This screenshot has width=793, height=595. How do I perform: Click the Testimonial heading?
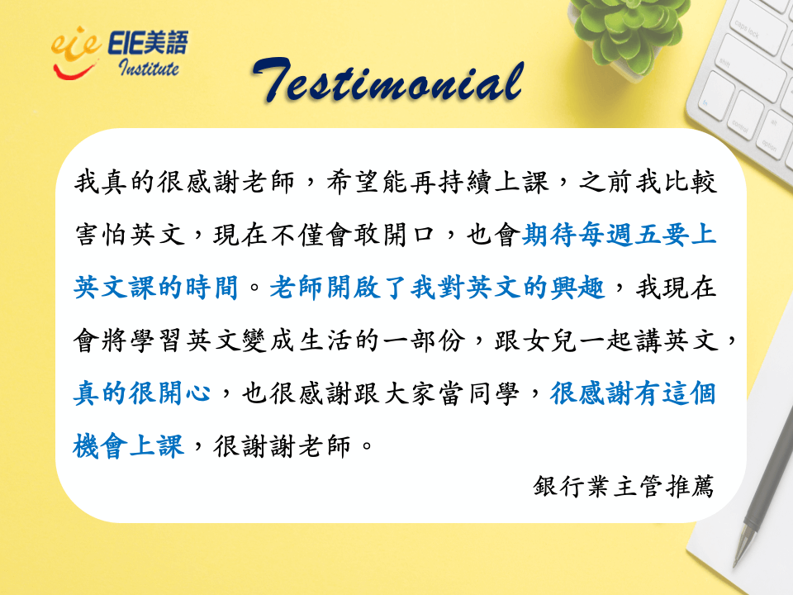tap(388, 81)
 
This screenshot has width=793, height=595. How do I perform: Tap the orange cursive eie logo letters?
tap(76, 45)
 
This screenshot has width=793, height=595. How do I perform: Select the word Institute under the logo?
tap(149, 67)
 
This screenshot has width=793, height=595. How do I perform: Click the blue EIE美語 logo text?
tap(148, 42)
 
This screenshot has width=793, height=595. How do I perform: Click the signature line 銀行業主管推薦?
tap(623, 487)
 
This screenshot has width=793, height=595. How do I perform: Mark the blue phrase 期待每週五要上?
tap(619, 236)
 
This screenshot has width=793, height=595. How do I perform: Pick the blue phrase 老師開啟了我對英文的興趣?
tap(437, 288)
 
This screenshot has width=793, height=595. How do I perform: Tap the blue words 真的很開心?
tap(142, 393)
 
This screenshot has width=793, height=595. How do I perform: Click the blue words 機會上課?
tap(129, 445)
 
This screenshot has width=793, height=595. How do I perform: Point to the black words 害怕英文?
tap(130, 236)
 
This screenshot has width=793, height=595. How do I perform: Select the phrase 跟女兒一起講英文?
tap(606, 340)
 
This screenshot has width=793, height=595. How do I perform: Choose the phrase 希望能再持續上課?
tap(438, 183)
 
